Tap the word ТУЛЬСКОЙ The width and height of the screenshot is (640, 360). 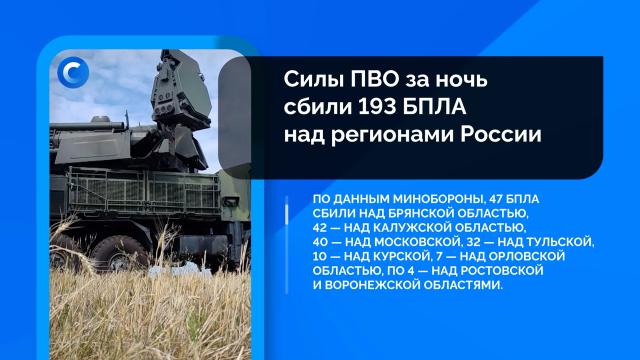coord(559,243)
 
